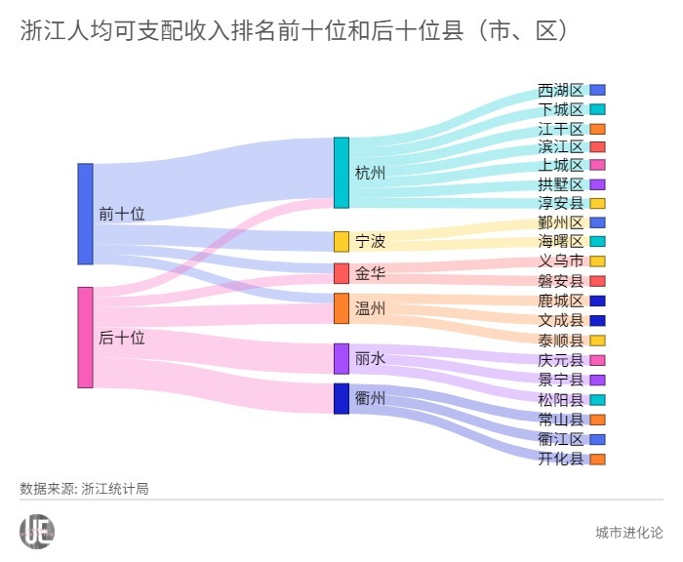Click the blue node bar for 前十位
85,214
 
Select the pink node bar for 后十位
85,338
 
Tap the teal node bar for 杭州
341,173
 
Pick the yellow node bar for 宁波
341,241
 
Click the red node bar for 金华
341,273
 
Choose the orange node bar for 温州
341,308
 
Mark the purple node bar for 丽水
341,358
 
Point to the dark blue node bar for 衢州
341,398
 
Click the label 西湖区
560,90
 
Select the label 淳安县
560,204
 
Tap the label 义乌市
560,261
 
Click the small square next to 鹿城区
597,301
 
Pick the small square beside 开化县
597,459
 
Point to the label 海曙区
560,241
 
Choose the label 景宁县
560,380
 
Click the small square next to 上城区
597,165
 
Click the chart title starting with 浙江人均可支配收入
293,31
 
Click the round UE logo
37,531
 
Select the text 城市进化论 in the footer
628,532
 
